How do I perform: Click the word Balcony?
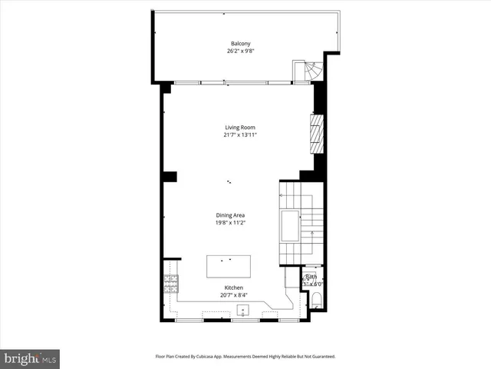[240, 44]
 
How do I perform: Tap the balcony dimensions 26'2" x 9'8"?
[240, 52]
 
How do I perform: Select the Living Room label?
[240, 128]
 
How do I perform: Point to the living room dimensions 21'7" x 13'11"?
[240, 135]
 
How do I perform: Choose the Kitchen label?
[233, 288]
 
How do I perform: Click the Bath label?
[311, 277]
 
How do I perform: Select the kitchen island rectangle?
[229, 267]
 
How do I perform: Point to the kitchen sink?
[242, 310]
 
